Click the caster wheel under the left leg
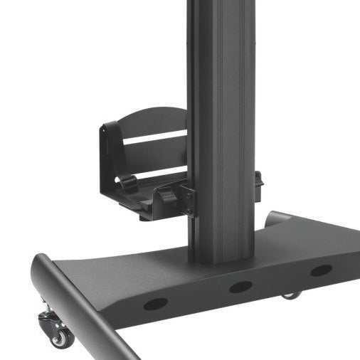point(61,337)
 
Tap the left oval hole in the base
point(154,304)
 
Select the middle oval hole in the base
point(240,286)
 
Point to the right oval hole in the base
point(321,270)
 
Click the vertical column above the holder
point(221,50)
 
